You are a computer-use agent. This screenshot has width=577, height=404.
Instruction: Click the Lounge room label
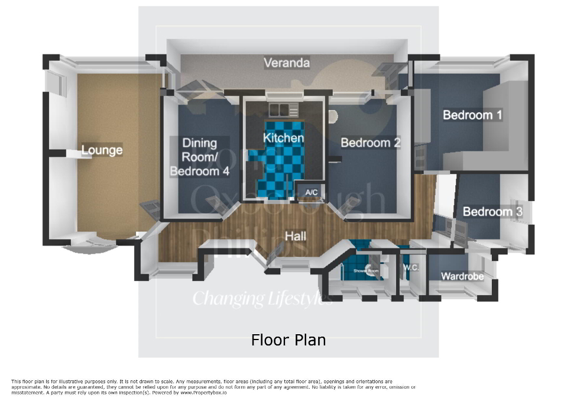tap(102, 150)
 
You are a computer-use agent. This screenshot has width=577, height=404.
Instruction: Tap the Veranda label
tap(287, 63)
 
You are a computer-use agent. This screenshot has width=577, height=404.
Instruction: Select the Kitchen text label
tap(283, 138)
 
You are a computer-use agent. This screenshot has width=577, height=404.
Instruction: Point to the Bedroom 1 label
tap(472, 115)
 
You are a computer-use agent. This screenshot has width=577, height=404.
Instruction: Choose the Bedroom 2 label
tap(371, 143)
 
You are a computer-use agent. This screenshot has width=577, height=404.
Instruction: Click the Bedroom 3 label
tap(492, 212)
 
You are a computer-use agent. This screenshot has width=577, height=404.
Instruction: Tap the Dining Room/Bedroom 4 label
tap(199, 157)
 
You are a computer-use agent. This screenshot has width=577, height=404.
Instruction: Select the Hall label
tap(296, 236)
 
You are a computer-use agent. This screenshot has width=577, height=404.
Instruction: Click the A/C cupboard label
tap(310, 192)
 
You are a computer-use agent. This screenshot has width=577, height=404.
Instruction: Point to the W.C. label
tap(411, 267)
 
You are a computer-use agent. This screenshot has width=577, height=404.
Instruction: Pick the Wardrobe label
tap(462, 276)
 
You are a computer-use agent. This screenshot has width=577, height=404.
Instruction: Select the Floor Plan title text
tap(288, 340)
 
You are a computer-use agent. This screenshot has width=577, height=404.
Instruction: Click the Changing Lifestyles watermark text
tap(262, 298)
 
